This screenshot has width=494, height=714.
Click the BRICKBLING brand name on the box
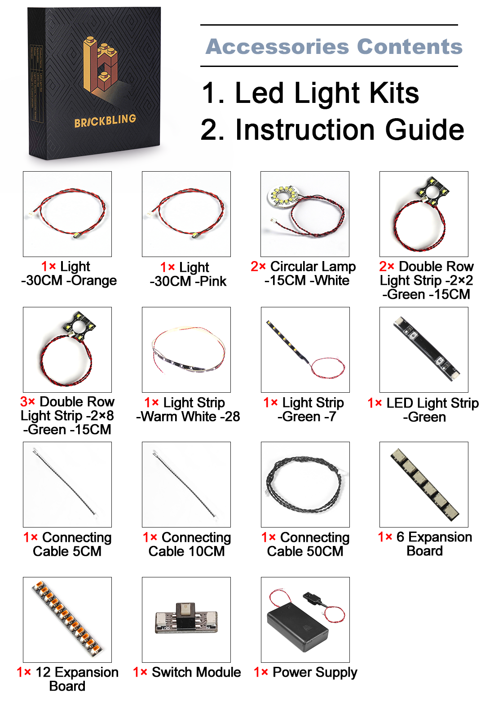105,120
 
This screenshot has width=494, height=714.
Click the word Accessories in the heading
277,47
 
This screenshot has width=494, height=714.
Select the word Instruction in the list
304,130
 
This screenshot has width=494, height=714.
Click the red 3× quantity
28,402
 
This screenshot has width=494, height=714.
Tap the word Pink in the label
213,281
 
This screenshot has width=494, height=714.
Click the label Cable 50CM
305,551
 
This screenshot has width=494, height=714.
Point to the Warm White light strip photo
189,349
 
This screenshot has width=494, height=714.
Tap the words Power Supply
315,672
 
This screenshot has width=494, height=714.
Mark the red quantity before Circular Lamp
258,266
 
